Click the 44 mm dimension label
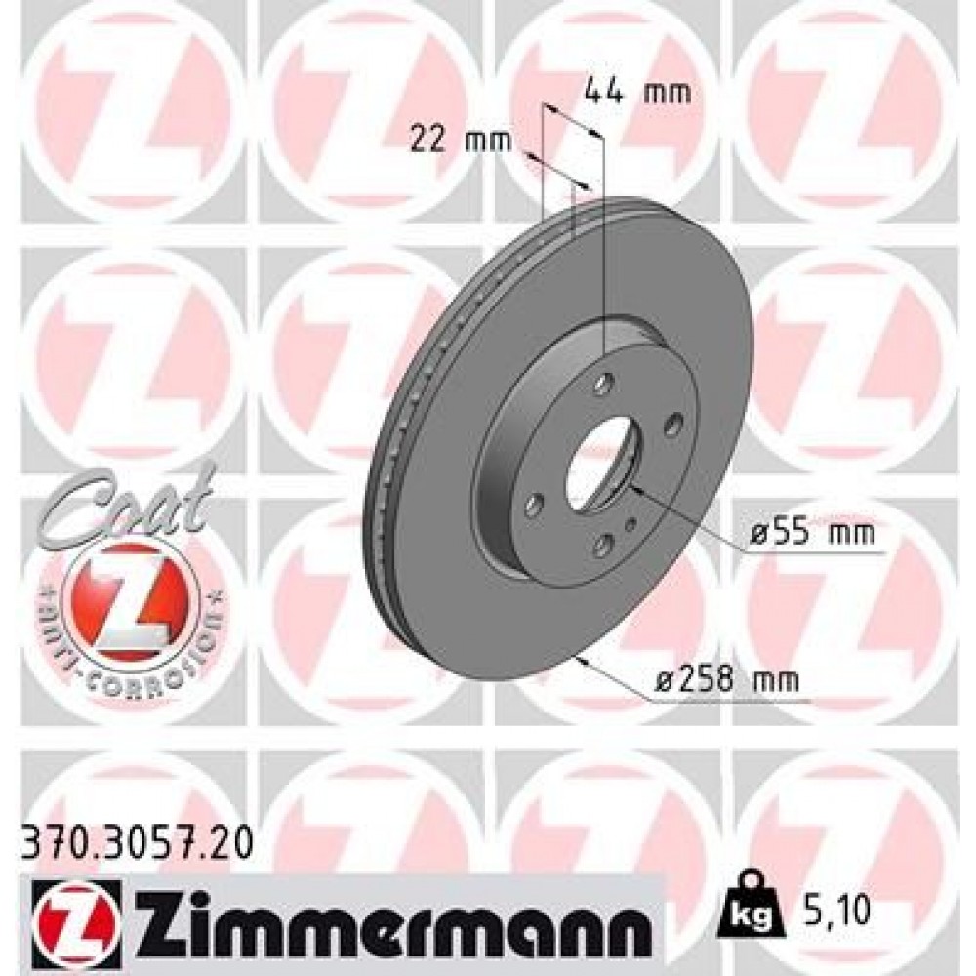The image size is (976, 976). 636,93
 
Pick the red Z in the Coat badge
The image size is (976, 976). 125,598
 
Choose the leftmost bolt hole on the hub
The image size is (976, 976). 533,505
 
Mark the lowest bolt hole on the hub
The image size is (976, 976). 602,543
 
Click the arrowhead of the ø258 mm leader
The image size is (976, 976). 583,660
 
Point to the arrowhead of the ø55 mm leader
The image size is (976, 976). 633,485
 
